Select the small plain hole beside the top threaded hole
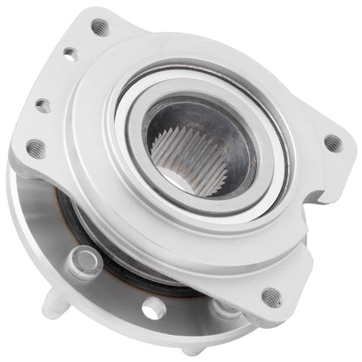[70, 54]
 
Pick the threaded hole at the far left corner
[36, 149]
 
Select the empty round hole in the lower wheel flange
[153, 308]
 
